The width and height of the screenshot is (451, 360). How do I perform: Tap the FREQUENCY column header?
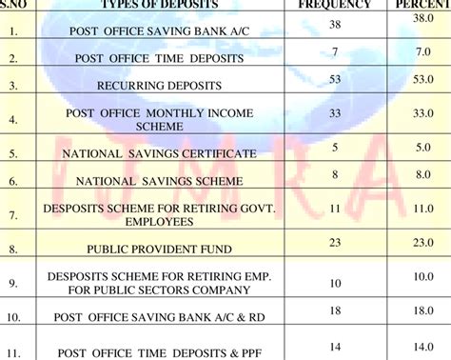(x=334, y=5)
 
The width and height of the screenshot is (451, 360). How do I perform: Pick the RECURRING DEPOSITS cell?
(x=159, y=85)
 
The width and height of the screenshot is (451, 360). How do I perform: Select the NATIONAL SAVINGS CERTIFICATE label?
(x=159, y=152)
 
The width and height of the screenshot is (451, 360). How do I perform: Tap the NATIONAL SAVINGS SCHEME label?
(x=159, y=178)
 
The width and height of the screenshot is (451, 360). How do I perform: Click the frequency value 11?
(x=334, y=207)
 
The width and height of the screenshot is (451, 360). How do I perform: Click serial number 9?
(x=12, y=283)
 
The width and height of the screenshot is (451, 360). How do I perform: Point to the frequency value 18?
(x=334, y=310)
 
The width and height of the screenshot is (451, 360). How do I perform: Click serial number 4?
(x=12, y=121)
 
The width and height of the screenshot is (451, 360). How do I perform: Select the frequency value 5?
(x=334, y=147)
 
